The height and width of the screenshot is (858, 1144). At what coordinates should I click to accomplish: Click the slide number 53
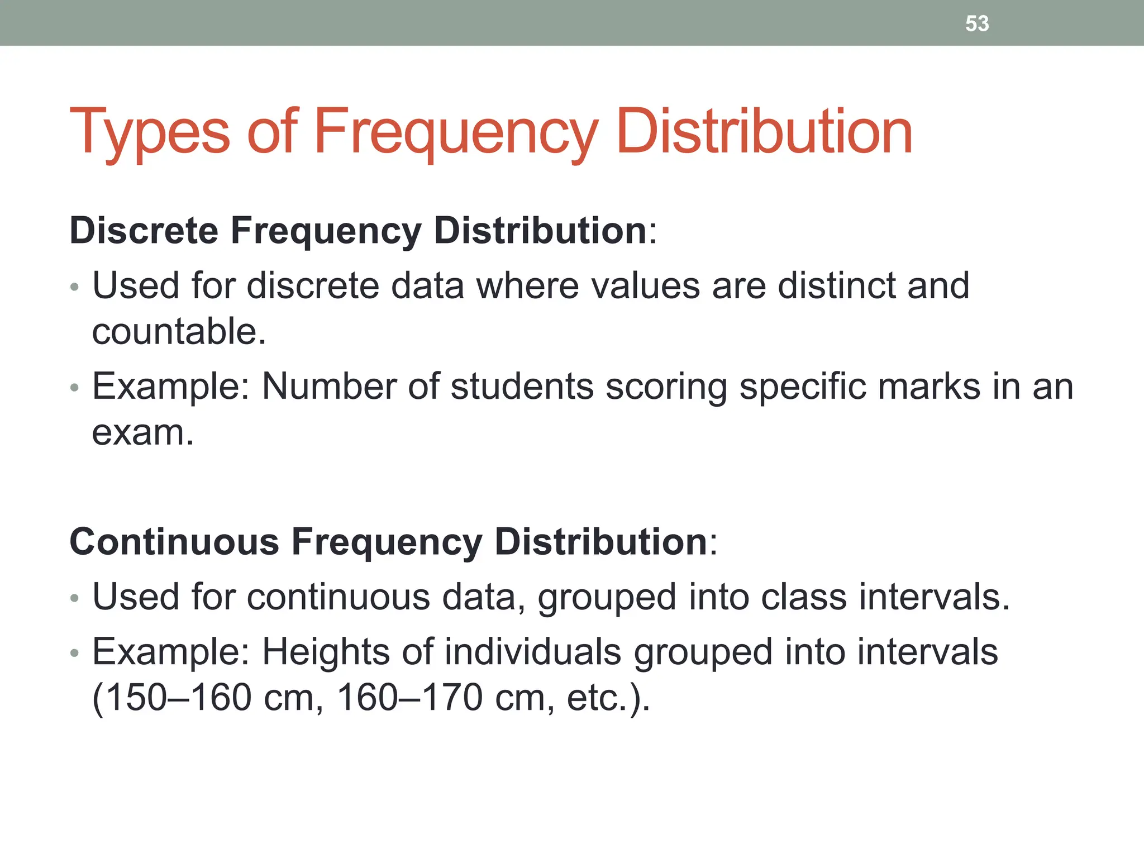click(977, 23)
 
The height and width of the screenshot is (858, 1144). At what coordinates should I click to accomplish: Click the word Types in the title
click(149, 132)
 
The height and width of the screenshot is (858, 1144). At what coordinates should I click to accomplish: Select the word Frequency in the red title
click(456, 132)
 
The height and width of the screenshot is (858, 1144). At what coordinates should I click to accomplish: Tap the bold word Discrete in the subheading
click(144, 230)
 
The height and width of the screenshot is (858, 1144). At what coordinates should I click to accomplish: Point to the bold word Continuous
click(174, 541)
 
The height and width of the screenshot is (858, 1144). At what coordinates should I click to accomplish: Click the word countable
click(179, 331)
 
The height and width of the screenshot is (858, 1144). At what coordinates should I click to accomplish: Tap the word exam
click(142, 432)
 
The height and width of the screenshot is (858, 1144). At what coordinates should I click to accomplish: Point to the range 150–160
click(178, 698)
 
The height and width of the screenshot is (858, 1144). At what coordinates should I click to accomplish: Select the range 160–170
click(409, 698)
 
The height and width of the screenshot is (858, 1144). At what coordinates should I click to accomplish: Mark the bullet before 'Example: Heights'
click(75, 653)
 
